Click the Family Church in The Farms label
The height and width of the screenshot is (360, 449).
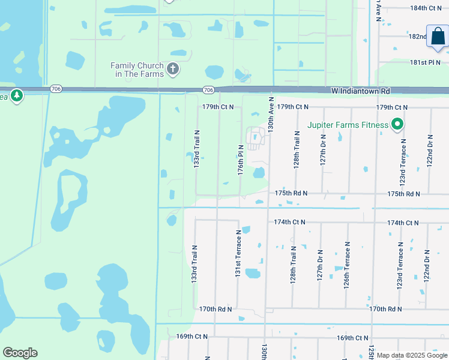point(137,70)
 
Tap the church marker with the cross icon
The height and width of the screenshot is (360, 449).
point(173,69)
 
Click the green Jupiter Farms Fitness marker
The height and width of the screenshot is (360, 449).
point(397,125)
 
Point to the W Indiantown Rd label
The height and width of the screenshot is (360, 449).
point(360,91)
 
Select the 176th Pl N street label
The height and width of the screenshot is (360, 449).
point(240,160)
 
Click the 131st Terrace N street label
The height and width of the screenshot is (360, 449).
point(238,253)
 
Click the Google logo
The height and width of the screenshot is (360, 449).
point(20,353)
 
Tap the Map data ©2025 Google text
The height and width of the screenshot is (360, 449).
point(412,356)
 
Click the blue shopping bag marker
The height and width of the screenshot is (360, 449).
point(438,36)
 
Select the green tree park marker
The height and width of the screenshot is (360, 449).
point(17,95)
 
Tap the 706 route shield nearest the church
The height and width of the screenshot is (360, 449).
point(208,90)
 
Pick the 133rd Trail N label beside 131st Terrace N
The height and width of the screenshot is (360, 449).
point(194,264)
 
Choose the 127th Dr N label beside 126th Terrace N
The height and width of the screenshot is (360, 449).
point(320,264)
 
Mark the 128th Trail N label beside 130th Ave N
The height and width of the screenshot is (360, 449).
point(297,150)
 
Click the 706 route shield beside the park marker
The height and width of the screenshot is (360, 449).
point(56,89)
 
